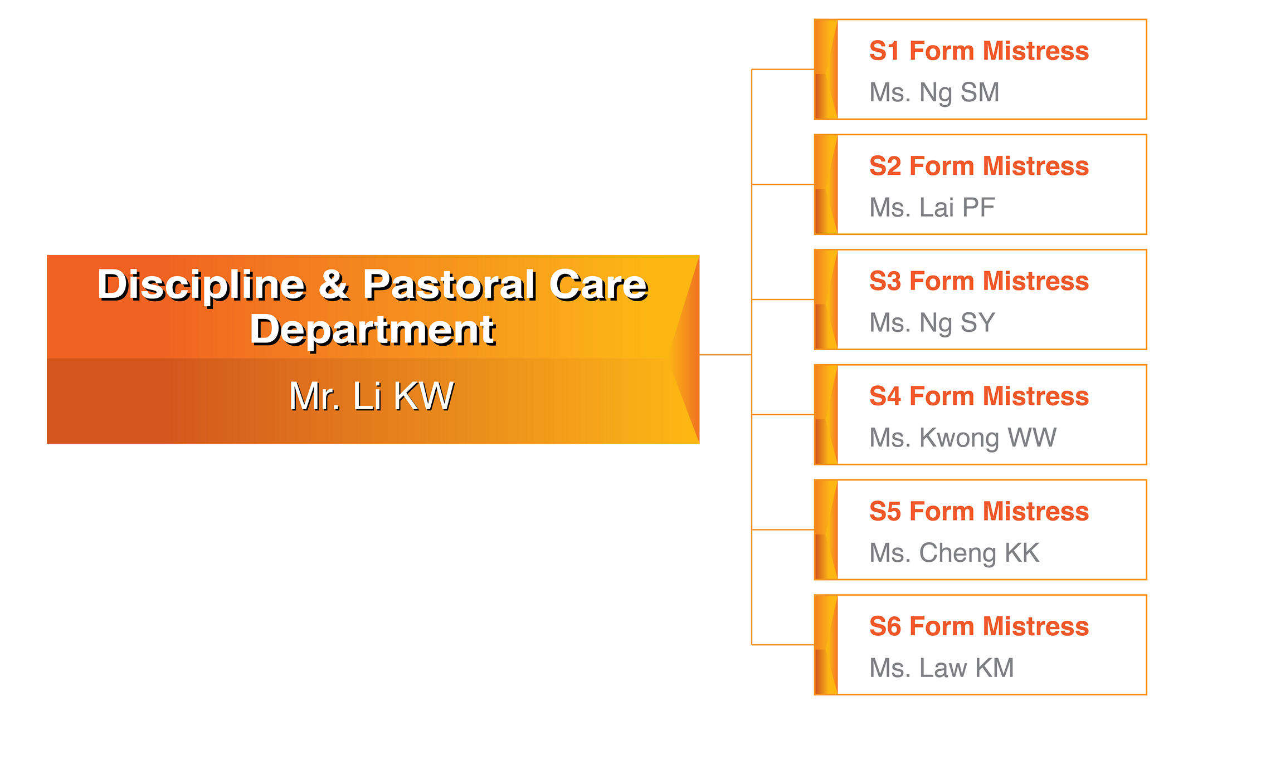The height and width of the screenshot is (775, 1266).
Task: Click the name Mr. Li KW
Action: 372,396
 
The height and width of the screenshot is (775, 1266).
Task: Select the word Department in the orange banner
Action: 373,330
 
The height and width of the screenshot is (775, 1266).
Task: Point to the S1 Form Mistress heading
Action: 978,51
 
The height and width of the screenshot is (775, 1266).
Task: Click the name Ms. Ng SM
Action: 934,92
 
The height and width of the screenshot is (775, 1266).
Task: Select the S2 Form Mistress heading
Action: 978,166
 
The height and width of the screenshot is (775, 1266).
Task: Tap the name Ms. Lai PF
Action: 932,208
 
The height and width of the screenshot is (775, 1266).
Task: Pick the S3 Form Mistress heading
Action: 978,281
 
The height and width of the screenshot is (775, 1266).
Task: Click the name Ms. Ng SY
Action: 932,323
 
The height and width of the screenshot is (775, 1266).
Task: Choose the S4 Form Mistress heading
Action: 978,396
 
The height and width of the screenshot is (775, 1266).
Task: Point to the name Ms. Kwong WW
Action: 962,438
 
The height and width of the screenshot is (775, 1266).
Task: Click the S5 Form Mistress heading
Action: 978,512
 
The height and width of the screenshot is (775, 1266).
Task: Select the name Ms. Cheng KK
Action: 954,553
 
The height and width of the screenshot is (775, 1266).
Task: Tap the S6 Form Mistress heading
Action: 978,626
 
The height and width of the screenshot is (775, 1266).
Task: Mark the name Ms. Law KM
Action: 941,668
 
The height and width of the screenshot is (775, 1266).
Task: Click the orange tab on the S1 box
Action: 826,70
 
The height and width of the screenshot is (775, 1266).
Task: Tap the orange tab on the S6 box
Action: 826,645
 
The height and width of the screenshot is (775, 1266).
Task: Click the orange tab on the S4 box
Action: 826,415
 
